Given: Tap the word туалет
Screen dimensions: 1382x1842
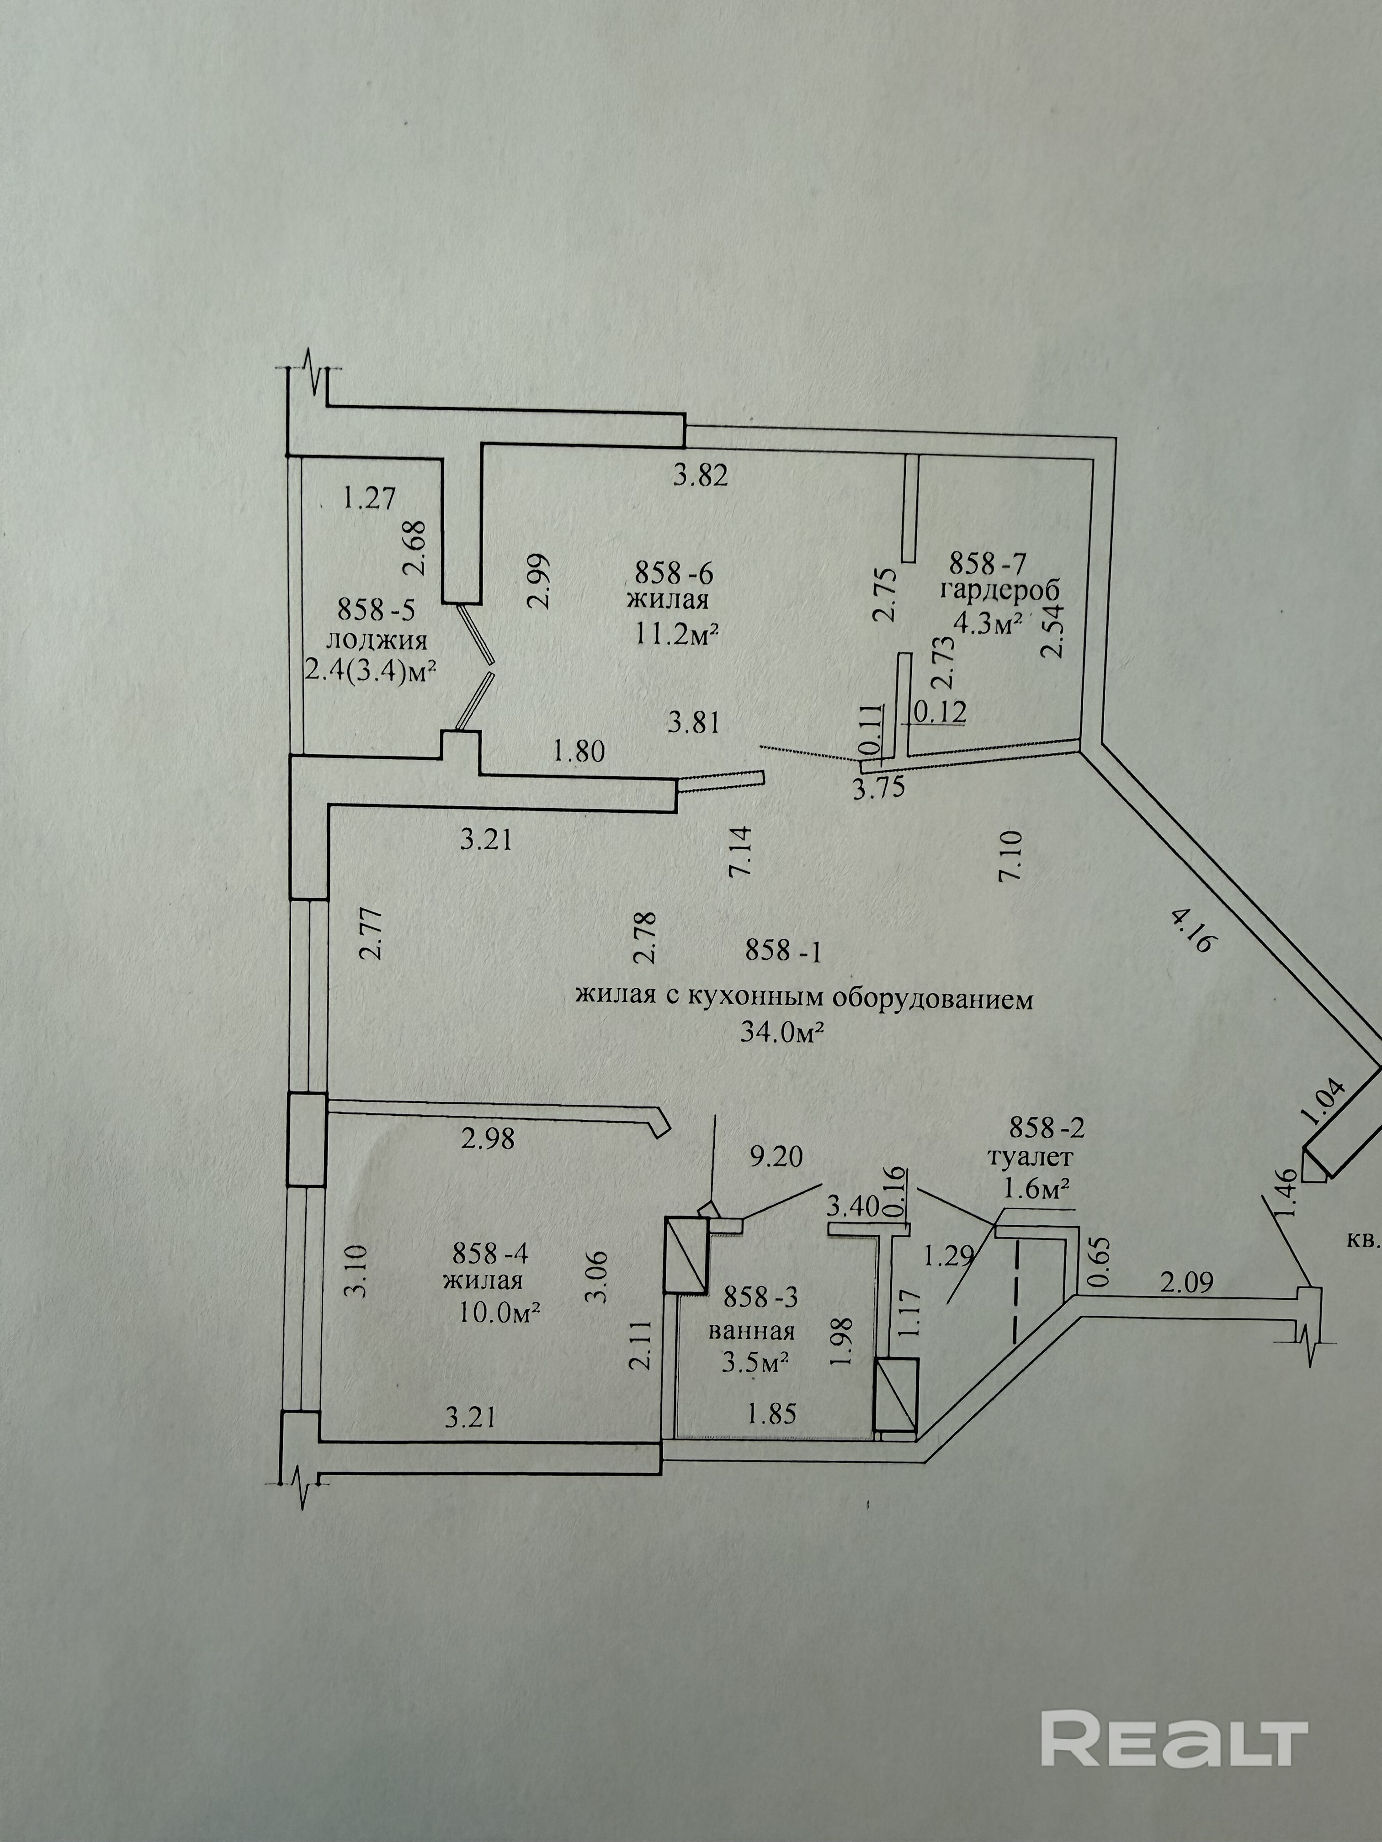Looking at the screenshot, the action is click(x=1030, y=1157).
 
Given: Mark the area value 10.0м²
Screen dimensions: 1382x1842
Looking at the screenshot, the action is click(x=500, y=1313).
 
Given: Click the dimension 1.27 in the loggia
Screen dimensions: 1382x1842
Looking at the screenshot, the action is click(x=369, y=497).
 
